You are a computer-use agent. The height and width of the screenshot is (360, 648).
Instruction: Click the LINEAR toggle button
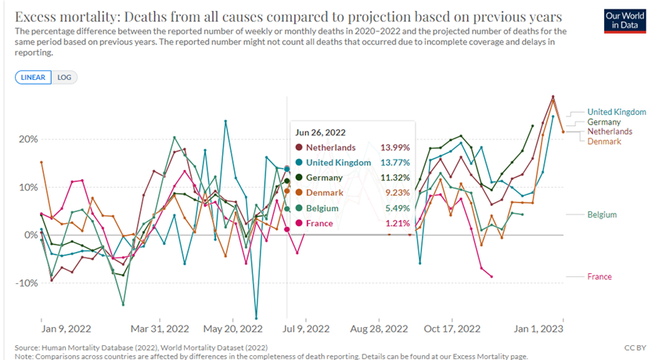(33, 77)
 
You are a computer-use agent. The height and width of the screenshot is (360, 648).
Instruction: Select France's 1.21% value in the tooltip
(397, 223)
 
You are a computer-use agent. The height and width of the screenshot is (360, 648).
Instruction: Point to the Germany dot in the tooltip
(299, 178)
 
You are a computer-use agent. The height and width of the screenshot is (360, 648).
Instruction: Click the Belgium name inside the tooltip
(323, 208)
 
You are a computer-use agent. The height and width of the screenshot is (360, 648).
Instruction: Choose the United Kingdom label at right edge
(617, 112)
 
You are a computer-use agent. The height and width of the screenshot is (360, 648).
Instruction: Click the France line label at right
(599, 276)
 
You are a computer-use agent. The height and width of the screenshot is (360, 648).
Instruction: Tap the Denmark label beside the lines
(604, 142)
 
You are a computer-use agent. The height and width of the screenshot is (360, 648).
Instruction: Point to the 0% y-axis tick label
(30, 235)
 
